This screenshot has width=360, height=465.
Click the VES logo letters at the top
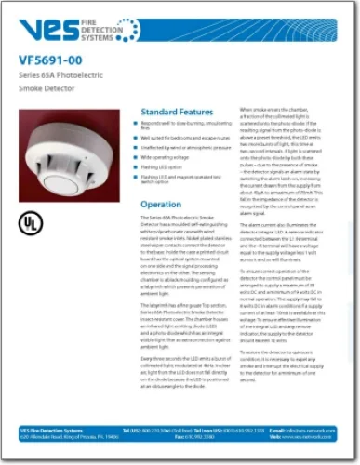coord(56,29)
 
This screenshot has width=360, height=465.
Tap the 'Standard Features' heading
coord(177,111)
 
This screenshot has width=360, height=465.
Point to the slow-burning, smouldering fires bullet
coord(186,126)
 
